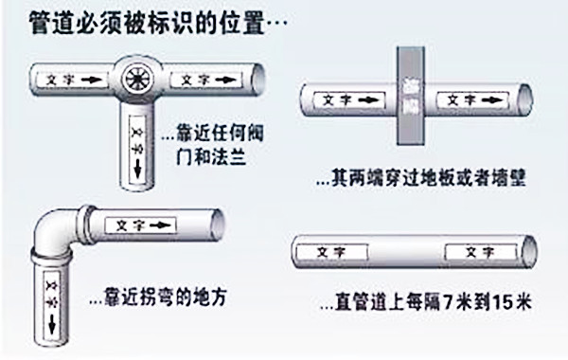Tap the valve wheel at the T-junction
pos(138,80)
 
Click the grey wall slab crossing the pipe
pos(409,96)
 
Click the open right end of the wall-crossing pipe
pos(524,99)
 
